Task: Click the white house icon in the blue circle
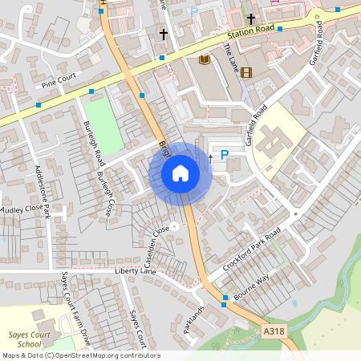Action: coord(180,172)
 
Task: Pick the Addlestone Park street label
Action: coord(43,193)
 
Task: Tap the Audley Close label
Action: coord(19,209)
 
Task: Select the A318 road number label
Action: coord(274,329)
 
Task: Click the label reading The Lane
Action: coord(231,56)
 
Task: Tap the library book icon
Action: coord(204,59)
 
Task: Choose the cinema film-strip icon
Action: coord(245,72)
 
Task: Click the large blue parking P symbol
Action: coord(225,155)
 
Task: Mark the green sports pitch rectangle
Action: coord(103,125)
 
